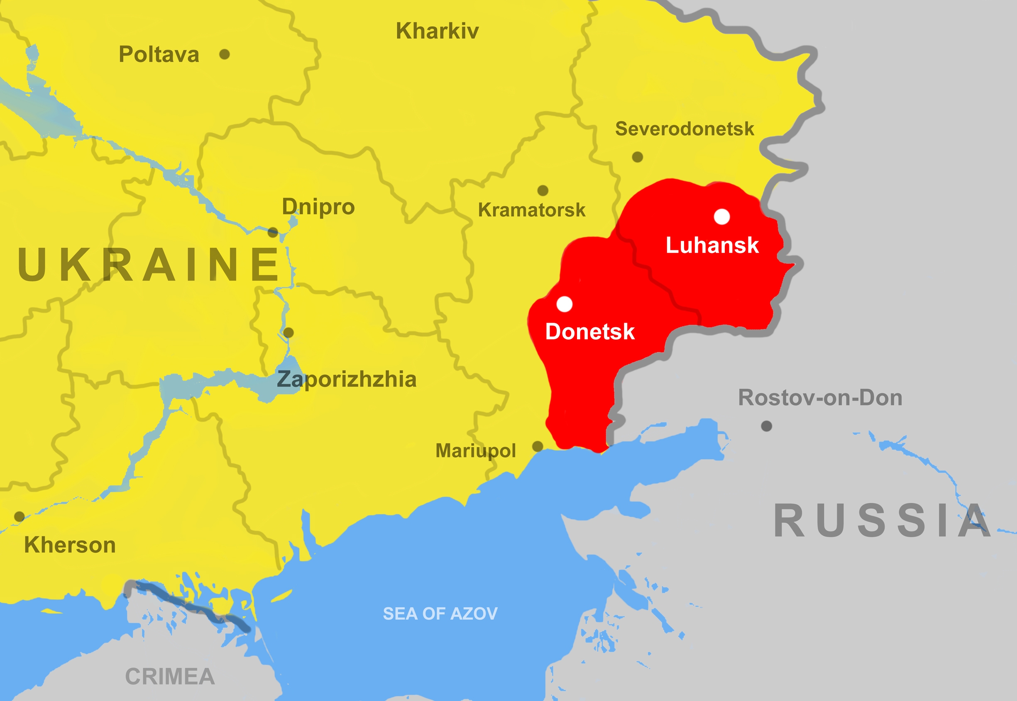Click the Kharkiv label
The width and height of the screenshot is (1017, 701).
(x=437, y=31)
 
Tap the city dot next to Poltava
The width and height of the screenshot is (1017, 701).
(x=224, y=54)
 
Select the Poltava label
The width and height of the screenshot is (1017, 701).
(x=159, y=54)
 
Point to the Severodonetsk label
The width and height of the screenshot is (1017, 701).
(x=685, y=129)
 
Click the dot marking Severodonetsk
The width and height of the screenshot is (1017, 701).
(x=637, y=157)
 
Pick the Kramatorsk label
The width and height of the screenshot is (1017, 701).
(x=531, y=210)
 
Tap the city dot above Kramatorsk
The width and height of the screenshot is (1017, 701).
(x=543, y=190)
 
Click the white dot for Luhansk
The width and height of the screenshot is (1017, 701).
(x=722, y=217)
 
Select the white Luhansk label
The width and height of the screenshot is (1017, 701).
(x=712, y=245)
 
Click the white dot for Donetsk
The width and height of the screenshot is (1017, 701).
(x=564, y=304)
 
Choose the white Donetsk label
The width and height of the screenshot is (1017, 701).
(x=590, y=331)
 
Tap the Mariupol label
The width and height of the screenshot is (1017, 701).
(x=475, y=451)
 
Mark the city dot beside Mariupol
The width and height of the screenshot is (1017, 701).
(x=538, y=447)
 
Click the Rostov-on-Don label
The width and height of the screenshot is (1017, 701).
(x=820, y=398)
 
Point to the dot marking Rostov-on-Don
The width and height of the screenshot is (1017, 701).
(x=766, y=426)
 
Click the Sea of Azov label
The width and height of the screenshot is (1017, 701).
(x=440, y=613)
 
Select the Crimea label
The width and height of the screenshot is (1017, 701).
(x=170, y=677)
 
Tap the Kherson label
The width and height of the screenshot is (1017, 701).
(x=70, y=545)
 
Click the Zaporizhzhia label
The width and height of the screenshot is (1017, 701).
(x=346, y=380)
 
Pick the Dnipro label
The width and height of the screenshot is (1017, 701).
(x=318, y=207)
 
